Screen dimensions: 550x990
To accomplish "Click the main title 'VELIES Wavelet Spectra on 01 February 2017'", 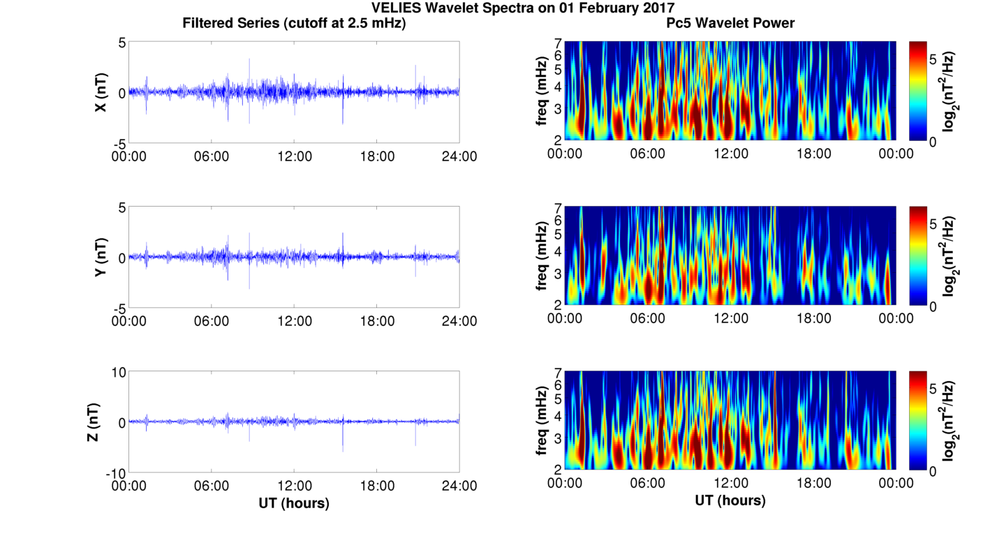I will tap(523, 8).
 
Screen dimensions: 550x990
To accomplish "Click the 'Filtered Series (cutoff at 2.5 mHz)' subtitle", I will tap(294, 23).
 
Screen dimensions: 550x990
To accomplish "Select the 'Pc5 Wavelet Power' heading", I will tap(730, 23).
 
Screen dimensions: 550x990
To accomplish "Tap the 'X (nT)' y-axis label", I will tap(101, 92).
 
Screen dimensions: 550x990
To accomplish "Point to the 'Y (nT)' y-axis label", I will tap(101, 257).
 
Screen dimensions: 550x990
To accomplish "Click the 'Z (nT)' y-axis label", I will tap(92, 422).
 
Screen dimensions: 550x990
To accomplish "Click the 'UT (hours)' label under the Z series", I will tap(294, 503).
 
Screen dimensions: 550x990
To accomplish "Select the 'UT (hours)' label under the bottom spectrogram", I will tap(730, 500).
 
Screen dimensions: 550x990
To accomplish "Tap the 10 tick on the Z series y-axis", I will tap(118, 373).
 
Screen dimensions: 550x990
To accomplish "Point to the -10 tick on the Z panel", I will tap(115, 473).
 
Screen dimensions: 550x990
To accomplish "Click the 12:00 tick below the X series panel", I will tap(294, 156).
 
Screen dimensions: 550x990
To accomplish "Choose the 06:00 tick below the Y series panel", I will tap(212, 321).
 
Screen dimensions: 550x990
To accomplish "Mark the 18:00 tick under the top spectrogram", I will tap(813, 154).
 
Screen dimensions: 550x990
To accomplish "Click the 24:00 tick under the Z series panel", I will tap(459, 486).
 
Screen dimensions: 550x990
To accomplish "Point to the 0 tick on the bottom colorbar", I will tap(934, 472).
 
